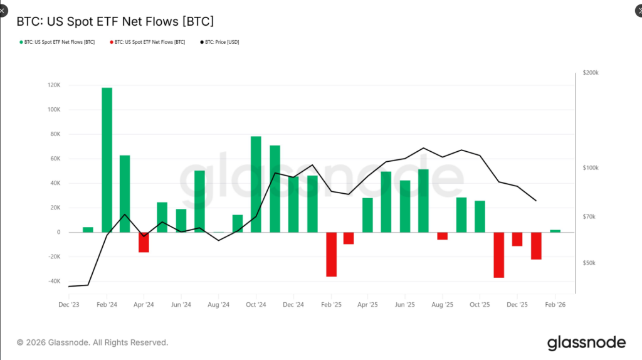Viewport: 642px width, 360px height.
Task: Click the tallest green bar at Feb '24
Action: click(x=107, y=160)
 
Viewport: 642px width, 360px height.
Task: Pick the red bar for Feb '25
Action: click(x=331, y=254)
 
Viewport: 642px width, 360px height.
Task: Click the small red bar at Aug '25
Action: click(x=443, y=236)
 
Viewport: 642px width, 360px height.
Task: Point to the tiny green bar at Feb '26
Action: click(x=555, y=231)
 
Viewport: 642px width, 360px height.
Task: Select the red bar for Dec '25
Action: click(x=517, y=239)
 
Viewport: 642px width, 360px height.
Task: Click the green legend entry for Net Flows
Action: click(x=57, y=42)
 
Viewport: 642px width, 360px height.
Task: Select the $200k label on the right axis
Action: click(x=591, y=73)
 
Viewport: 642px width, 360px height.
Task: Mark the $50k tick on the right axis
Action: click(x=589, y=263)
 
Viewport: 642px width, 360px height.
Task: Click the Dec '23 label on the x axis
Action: click(x=68, y=304)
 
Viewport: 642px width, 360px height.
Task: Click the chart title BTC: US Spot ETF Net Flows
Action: click(x=115, y=21)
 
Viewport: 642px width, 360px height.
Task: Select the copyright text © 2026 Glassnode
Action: click(x=92, y=342)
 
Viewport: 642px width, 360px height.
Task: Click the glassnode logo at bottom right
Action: click(x=586, y=342)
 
